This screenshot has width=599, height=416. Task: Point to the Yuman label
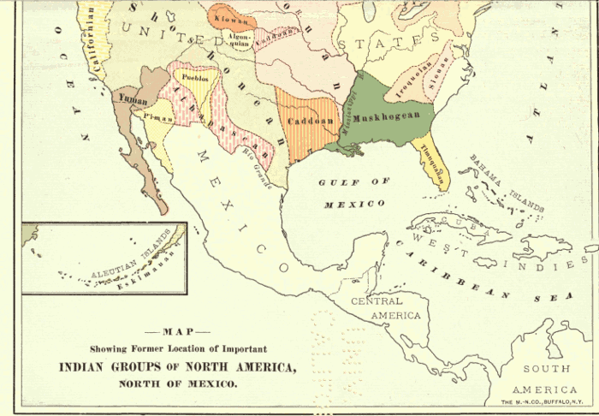(128, 97)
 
